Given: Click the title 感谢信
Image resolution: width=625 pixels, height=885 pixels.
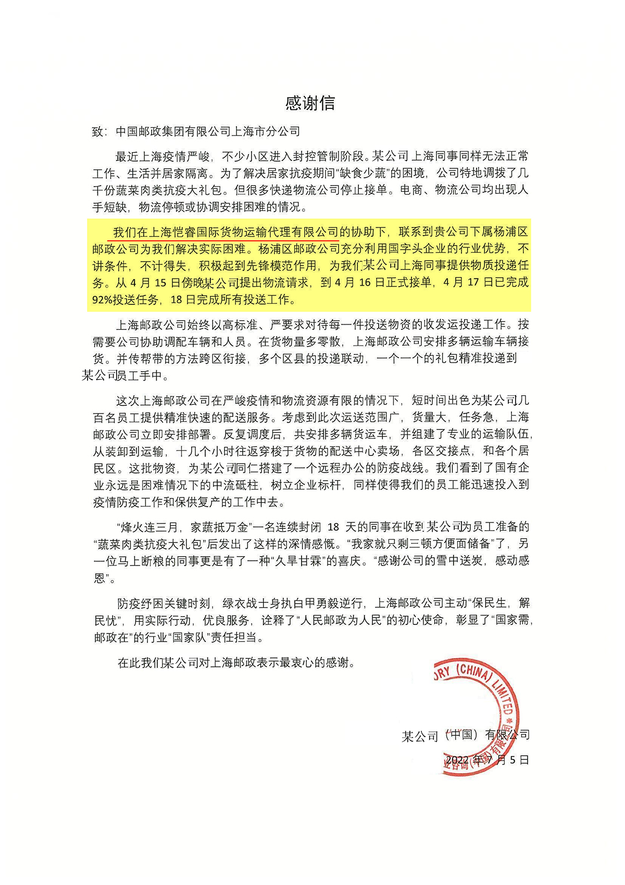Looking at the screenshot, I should (310, 103).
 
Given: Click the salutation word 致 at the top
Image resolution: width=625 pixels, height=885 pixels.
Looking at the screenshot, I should (98, 132).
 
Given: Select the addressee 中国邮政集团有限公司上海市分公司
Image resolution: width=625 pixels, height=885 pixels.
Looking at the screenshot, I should (208, 131).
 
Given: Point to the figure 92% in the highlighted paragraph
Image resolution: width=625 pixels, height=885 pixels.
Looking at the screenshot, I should (103, 300).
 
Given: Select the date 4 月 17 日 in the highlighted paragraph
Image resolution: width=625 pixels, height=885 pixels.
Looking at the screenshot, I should (461, 283).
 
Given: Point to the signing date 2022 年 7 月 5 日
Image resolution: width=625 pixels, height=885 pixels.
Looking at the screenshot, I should (487, 760).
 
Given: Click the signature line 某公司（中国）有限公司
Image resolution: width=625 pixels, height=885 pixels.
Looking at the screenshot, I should (466, 735).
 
